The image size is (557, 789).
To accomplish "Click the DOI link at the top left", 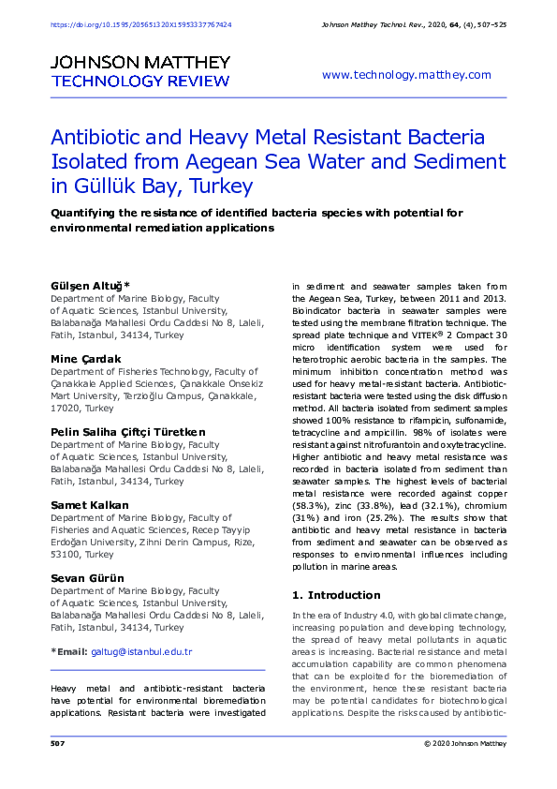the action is click(140, 24).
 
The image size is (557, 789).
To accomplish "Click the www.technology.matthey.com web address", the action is click(405, 75).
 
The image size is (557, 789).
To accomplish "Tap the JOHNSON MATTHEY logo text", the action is click(140, 62).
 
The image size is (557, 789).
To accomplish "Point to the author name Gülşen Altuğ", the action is click(89, 284).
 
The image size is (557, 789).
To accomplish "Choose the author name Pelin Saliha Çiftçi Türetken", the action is click(127, 433).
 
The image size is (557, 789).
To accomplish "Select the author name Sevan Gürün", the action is click(87, 578).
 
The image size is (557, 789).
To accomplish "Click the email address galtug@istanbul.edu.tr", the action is click(141, 651).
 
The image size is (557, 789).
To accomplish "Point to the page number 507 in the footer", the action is click(56, 743).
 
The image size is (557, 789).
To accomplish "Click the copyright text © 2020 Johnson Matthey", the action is click(464, 743).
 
